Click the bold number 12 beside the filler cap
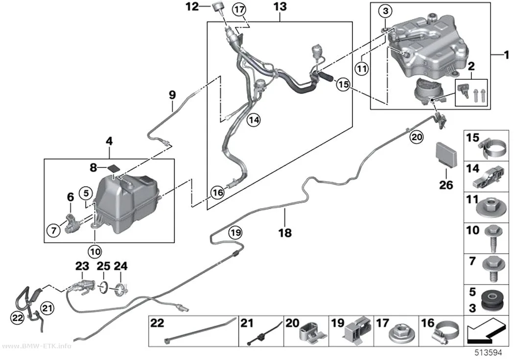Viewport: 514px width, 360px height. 192,6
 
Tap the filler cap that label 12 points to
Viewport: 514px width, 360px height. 217,7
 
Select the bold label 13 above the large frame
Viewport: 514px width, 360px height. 280,6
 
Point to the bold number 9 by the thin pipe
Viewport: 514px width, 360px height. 172,95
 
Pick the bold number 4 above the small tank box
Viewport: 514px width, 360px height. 109,142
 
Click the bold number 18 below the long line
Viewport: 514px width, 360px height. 285,233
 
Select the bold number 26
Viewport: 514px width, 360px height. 446,185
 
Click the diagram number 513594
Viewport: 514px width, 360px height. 489,353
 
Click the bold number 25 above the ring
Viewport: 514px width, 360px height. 103,266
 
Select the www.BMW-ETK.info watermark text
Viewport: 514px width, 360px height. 36,346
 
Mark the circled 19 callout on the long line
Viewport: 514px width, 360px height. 235,233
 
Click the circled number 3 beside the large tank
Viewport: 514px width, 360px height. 386,11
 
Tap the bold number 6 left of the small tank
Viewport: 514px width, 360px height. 70,197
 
